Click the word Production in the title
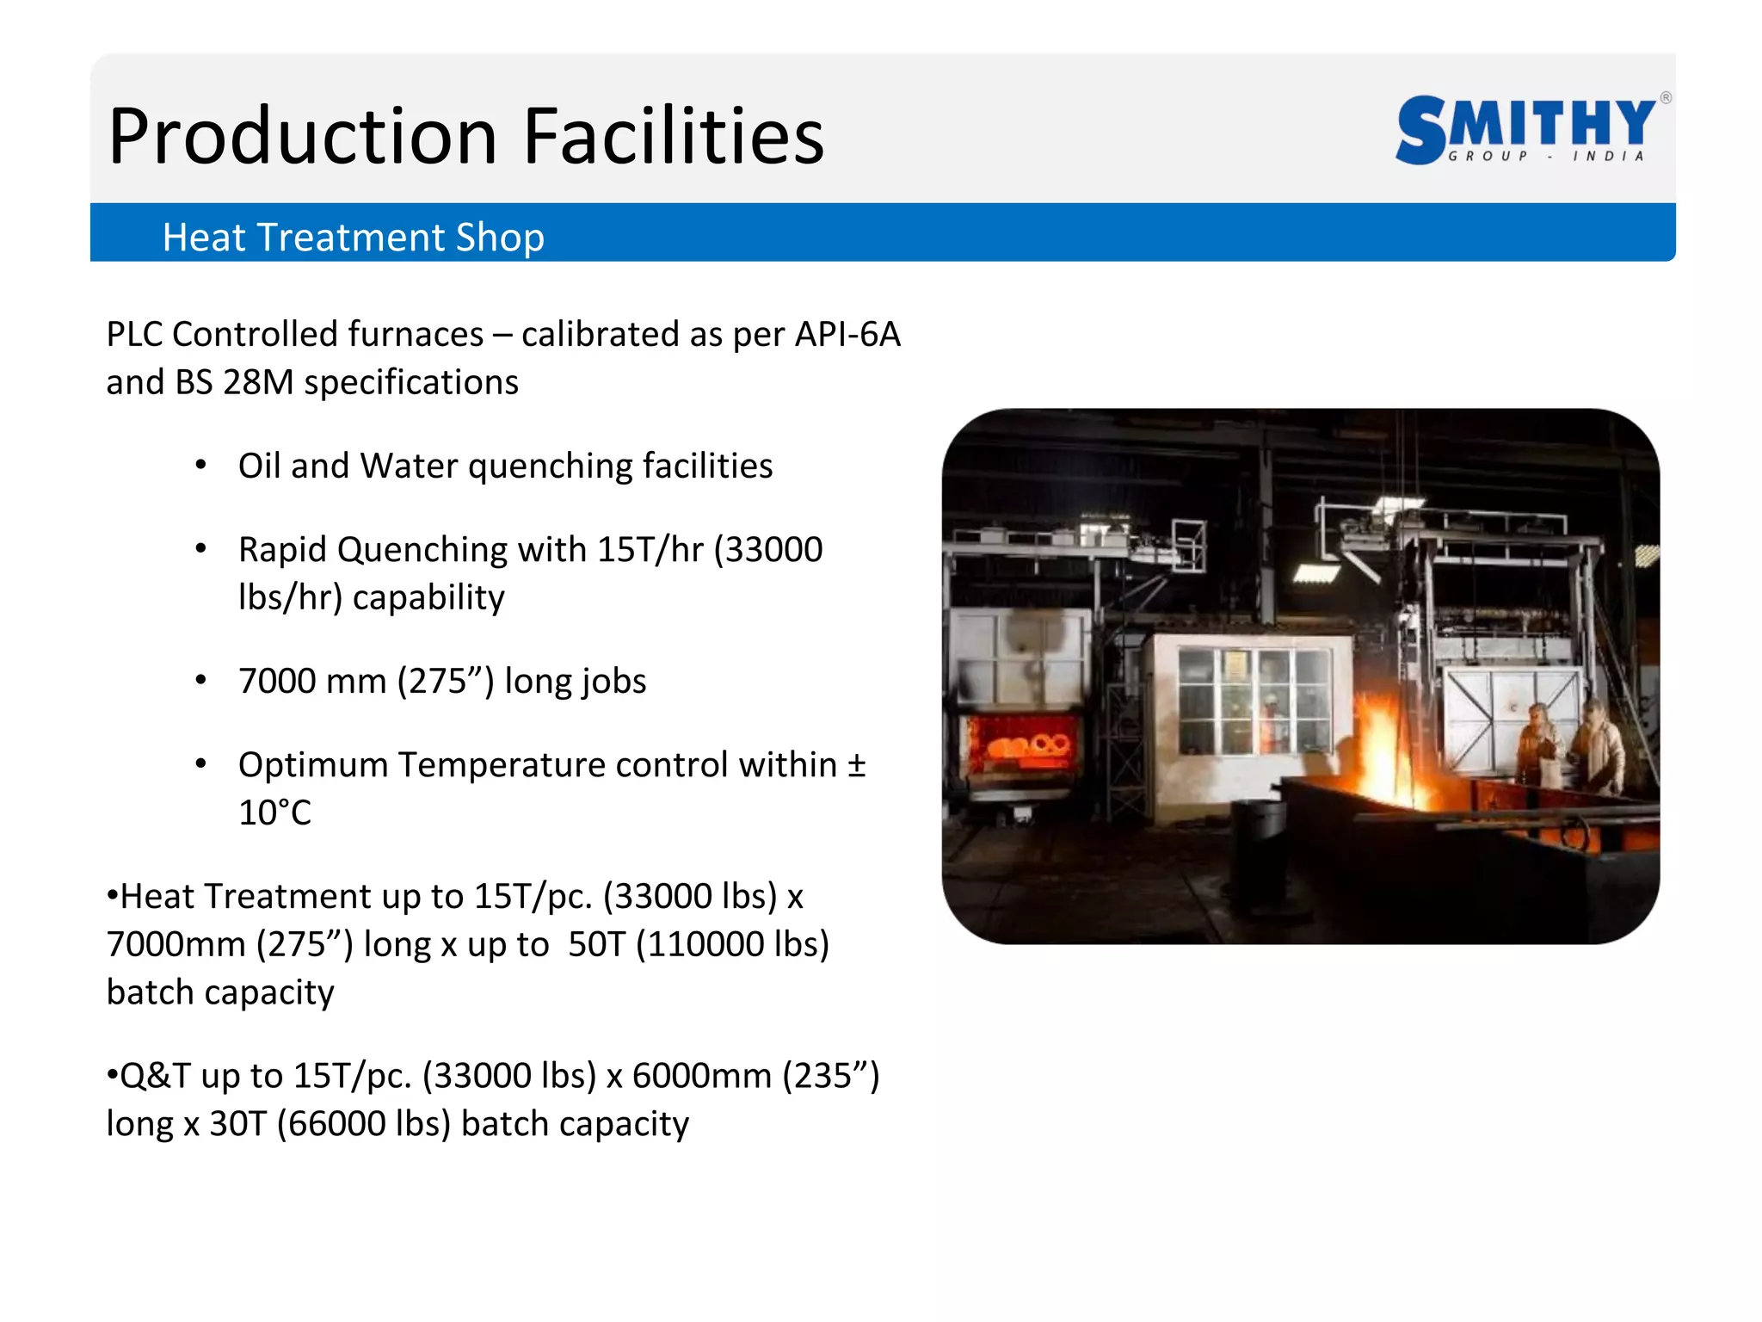(x=303, y=138)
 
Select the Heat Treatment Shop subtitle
(x=353, y=238)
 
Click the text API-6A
(x=847, y=334)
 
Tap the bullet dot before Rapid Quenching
(x=201, y=548)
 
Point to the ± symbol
(x=856, y=764)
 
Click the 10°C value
(x=274, y=812)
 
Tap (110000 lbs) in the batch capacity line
(x=733, y=944)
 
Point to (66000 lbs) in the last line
(x=364, y=1124)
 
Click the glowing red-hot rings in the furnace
(x=1028, y=745)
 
